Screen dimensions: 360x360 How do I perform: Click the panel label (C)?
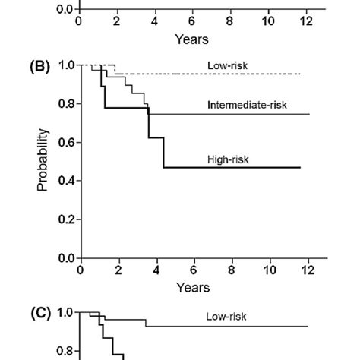pyautogui.click(x=39, y=313)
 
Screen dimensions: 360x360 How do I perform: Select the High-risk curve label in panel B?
pyautogui.click(x=229, y=160)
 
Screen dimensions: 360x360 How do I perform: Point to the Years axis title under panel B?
pyautogui.click(x=194, y=288)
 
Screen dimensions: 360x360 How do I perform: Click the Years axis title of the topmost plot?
pyautogui.click(x=193, y=37)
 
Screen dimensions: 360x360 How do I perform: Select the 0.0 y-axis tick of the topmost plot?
pyautogui.click(x=65, y=10)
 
